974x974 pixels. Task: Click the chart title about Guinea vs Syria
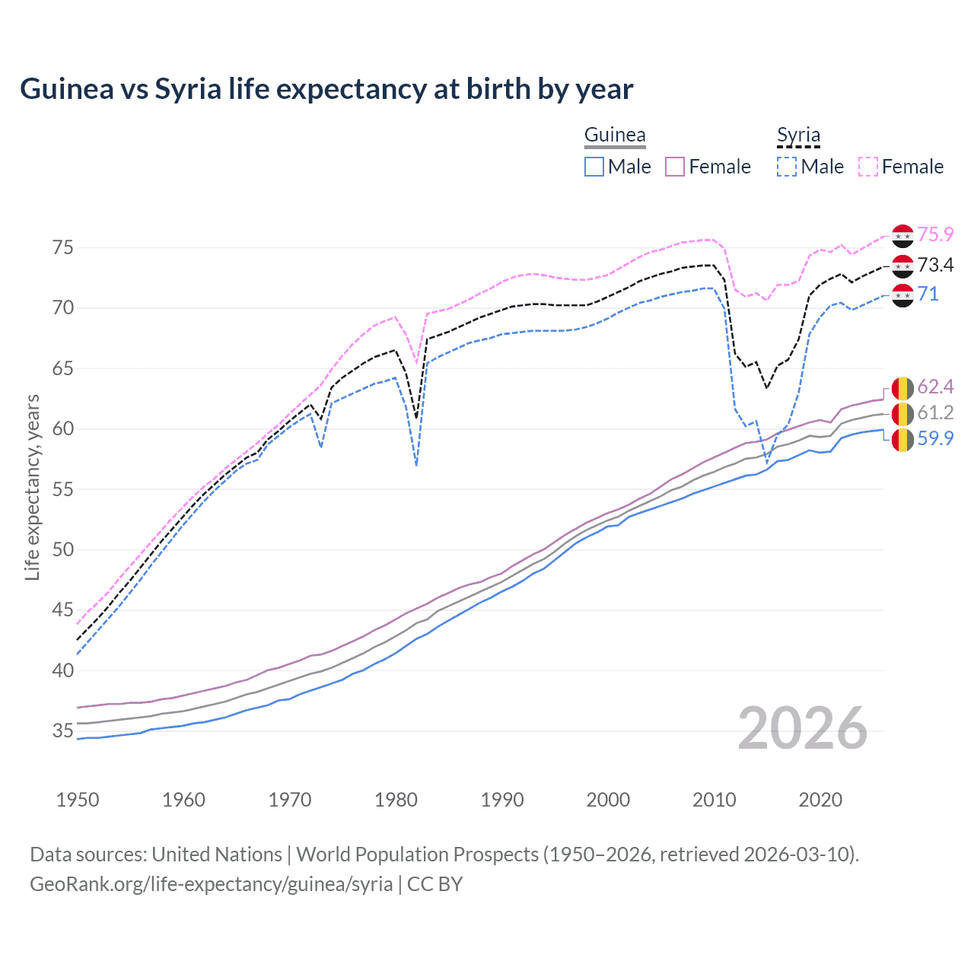coord(326,89)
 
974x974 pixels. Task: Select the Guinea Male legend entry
coord(618,167)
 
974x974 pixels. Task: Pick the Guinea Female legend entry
coord(708,167)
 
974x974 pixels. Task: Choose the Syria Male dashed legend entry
coord(810,167)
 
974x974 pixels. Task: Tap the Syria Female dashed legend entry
coord(901,167)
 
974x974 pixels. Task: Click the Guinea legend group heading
coord(615,135)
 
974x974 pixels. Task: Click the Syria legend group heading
coord(798,135)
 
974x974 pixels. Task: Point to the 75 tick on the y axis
coord(63,247)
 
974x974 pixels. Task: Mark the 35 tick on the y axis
coord(63,731)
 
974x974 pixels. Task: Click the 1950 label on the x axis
coord(78,800)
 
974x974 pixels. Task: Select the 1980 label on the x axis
coord(396,800)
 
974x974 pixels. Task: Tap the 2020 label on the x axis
coord(820,800)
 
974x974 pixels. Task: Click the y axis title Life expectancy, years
coord(33,487)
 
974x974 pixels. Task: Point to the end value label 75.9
coord(935,235)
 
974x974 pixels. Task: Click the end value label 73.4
coord(935,265)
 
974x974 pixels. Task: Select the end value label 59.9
coord(935,438)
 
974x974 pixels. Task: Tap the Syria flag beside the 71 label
coord(902,294)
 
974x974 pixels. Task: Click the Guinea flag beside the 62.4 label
coord(902,387)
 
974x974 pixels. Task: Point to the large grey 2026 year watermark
coord(803,728)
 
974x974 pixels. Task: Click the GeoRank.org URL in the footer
coord(211,884)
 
